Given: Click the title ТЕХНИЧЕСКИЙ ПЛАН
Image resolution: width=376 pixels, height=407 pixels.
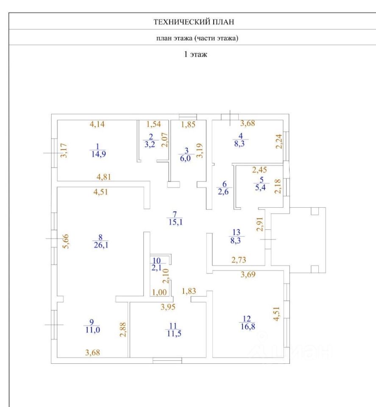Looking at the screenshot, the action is pyautogui.click(x=194, y=22).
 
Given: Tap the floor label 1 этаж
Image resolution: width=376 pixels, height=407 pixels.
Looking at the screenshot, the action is pyautogui.click(x=195, y=54).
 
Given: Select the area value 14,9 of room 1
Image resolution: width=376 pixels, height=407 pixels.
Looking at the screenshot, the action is pyautogui.click(x=99, y=154).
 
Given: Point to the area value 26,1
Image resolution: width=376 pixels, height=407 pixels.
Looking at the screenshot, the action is pyautogui.click(x=101, y=245).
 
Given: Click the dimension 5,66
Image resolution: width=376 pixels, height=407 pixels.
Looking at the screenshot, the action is pyautogui.click(x=66, y=241).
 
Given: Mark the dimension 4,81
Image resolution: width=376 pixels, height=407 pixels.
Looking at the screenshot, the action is pyautogui.click(x=104, y=177).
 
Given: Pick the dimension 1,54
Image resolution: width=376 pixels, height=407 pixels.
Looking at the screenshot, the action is pyautogui.click(x=153, y=124).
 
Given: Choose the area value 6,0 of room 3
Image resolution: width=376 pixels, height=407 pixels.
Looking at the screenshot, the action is pyautogui.click(x=185, y=158).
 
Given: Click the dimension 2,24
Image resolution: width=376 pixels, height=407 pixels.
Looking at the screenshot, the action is pyautogui.click(x=279, y=141).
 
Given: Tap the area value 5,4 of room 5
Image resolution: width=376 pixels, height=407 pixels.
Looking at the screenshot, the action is pyautogui.click(x=260, y=187).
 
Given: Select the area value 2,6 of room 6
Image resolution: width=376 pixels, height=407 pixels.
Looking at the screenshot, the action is pyautogui.click(x=223, y=192).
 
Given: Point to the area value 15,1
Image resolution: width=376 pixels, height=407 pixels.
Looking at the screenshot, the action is pyautogui.click(x=175, y=222).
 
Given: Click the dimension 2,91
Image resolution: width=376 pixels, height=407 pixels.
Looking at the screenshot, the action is pyautogui.click(x=260, y=224).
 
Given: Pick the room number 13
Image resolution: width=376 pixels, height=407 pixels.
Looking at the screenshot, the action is pyautogui.click(x=237, y=232).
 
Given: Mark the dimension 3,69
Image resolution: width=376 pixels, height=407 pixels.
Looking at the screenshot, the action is pyautogui.click(x=248, y=274).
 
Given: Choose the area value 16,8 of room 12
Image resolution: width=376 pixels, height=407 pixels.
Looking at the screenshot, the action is pyautogui.click(x=248, y=326).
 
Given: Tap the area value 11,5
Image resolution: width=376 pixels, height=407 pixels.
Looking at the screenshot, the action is pyautogui.click(x=174, y=334).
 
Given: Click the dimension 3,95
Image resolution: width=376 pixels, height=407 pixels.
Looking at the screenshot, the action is pyautogui.click(x=168, y=307).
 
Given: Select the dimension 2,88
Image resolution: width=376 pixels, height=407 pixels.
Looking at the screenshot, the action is pyautogui.click(x=123, y=330).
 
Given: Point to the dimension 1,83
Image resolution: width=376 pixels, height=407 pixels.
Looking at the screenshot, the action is pyautogui.click(x=189, y=291).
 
